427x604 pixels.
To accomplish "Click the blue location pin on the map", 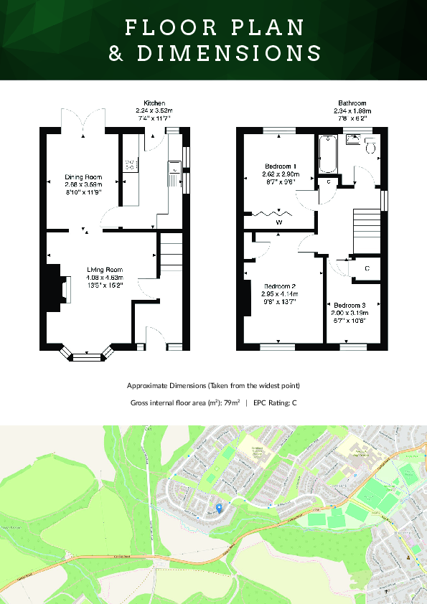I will [x=219, y=508].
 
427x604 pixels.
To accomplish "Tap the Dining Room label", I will [x=84, y=177].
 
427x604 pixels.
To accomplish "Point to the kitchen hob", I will [x=131, y=166].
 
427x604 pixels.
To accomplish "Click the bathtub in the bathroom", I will [x=327, y=154].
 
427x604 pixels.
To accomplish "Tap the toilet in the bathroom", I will [x=370, y=146].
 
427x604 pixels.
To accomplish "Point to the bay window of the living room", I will [x=87, y=353].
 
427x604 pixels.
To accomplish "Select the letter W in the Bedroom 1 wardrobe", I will [x=278, y=223].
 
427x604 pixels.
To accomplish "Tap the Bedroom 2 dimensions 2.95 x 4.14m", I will [x=278, y=294].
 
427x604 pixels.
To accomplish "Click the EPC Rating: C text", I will [x=275, y=403].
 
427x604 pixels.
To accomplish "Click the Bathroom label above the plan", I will [x=352, y=103].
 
